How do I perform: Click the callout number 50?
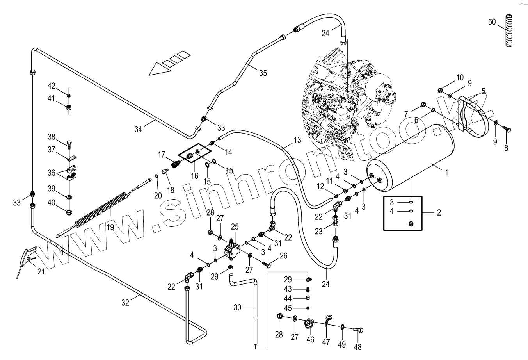(x=492, y=22)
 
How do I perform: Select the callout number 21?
(x=41, y=271)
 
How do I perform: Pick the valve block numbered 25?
(x=233, y=249)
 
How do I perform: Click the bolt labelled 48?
(x=358, y=330)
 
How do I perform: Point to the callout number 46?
(x=310, y=340)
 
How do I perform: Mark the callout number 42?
(x=52, y=86)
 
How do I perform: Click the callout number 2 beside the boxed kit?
(x=439, y=213)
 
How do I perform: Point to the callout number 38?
(x=52, y=137)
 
